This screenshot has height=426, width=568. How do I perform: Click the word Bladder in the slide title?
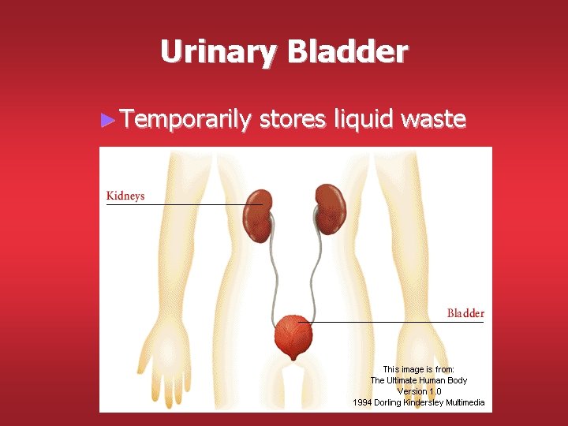[348, 52]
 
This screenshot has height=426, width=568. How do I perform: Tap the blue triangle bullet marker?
[109, 121]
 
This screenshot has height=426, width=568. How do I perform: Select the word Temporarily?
[187, 120]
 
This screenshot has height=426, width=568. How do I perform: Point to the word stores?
[293, 120]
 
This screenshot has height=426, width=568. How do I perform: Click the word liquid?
[364, 120]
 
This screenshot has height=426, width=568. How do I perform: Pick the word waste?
[433, 120]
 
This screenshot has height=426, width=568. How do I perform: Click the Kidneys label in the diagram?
[125, 196]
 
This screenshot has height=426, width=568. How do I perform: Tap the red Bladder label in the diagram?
[465, 313]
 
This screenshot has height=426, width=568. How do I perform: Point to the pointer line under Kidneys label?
[181, 205]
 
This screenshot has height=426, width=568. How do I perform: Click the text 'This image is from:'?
[419, 369]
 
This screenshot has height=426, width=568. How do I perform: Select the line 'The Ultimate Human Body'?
[419, 380]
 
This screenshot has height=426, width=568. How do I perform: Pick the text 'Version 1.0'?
[419, 391]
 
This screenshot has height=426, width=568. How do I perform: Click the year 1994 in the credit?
[363, 403]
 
